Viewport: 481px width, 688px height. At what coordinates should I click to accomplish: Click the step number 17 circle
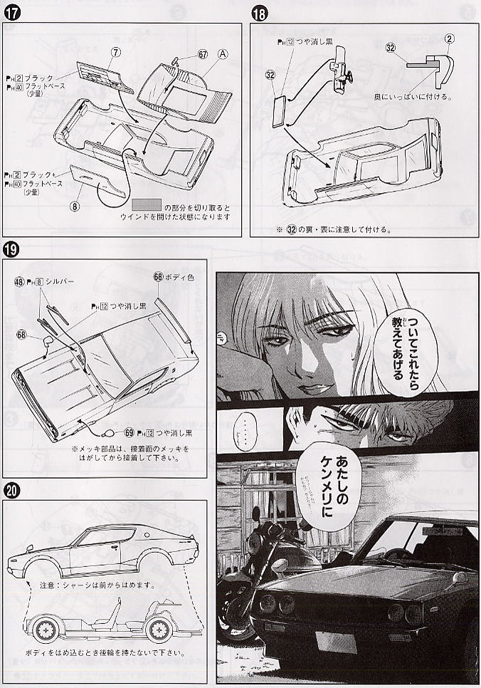(x=12, y=11)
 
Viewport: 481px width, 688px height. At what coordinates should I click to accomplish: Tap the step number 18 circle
(x=259, y=11)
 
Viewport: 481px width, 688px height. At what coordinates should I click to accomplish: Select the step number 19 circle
(x=12, y=250)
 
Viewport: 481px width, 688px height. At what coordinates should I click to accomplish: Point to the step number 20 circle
(x=12, y=491)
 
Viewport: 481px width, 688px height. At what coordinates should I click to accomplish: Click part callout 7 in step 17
(x=115, y=51)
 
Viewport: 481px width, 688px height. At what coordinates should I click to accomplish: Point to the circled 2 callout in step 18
(x=450, y=38)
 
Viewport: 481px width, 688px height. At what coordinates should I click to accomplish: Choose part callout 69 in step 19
(x=129, y=432)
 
